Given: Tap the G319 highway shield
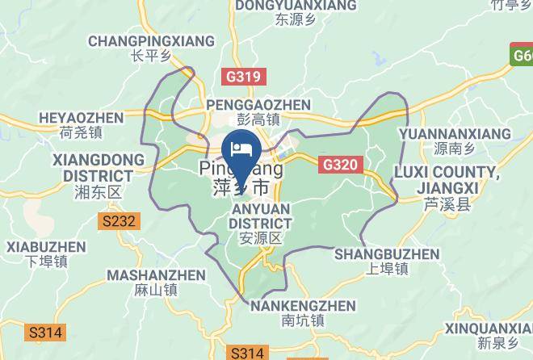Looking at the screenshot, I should coord(241,77).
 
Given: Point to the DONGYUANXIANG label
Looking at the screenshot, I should coord(295,6).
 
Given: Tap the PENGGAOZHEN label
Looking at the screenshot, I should coord(258,105).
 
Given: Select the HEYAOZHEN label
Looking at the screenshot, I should coord(81,118).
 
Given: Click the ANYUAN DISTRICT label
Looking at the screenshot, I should coord(259,216).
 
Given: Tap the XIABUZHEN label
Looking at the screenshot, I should coord(45,247).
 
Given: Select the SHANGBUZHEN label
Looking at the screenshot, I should coord(387,254).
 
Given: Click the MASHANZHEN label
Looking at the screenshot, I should coord(156,275).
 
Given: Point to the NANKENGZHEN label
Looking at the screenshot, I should coord(303,306).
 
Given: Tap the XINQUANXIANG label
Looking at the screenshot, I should coord(489,329).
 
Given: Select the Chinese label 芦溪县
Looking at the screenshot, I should coord(447,205).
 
